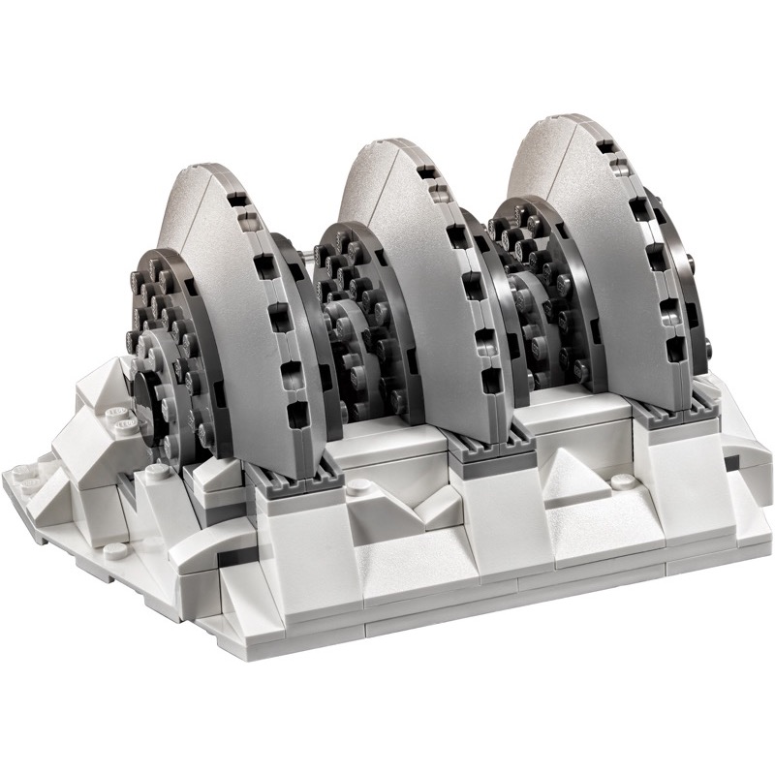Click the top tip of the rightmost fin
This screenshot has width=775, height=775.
coord(556,120)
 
